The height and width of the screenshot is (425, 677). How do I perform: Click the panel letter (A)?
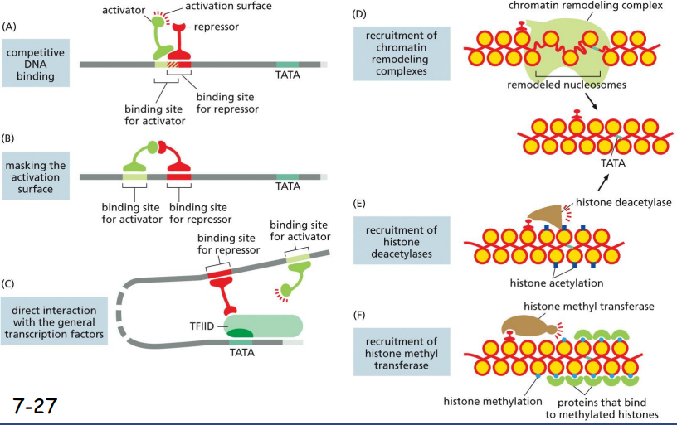pos(11,27)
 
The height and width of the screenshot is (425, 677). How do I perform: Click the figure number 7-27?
pos(34,405)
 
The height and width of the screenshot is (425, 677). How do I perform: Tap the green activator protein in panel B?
pos(137,157)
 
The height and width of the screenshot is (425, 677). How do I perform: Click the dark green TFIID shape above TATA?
pos(241,336)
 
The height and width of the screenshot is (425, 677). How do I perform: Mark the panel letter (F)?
pos(359,315)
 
